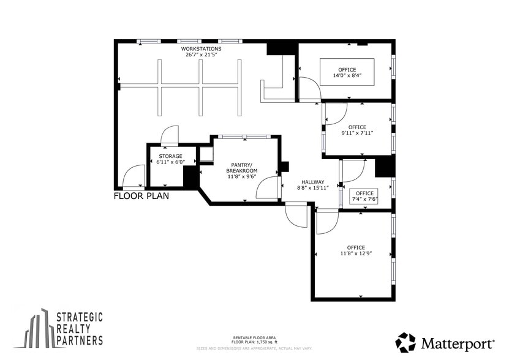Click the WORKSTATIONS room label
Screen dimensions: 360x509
(201, 48)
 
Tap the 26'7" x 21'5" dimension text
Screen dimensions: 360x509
(202, 54)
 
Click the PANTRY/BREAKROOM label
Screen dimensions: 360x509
(244, 167)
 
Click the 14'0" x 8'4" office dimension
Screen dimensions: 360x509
(347, 75)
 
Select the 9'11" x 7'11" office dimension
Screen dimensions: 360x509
(357, 133)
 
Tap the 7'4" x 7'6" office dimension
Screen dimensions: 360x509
(364, 199)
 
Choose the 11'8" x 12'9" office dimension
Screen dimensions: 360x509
(356, 253)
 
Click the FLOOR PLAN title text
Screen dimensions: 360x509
(141, 197)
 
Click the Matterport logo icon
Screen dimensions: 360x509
(405, 342)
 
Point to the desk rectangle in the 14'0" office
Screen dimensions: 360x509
(347, 72)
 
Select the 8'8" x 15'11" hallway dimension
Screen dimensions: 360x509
(313, 188)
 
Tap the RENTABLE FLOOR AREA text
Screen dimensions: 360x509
(254, 337)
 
